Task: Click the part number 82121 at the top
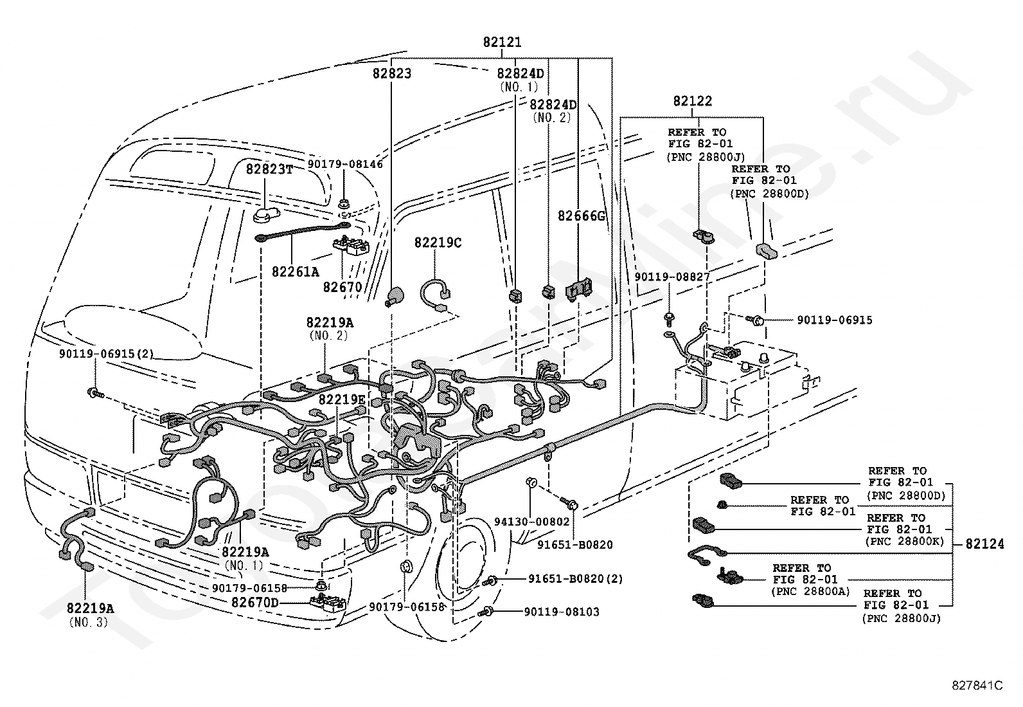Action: pyautogui.click(x=502, y=43)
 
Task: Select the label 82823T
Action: pyautogui.click(x=269, y=169)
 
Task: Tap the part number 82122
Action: pyautogui.click(x=692, y=101)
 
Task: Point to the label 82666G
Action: pyautogui.click(x=582, y=216)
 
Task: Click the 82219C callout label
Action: pyautogui.click(x=438, y=243)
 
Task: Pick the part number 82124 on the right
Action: pyautogui.click(x=984, y=544)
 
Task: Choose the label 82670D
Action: pyautogui.click(x=255, y=603)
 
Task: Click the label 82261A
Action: pyautogui.click(x=295, y=271)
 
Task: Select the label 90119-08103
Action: pyautogui.click(x=562, y=612)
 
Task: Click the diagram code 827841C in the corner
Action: pyautogui.click(x=977, y=685)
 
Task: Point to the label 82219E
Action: pyautogui.click(x=342, y=399)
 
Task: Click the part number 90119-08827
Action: pyautogui.click(x=672, y=277)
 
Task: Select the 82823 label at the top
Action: pyautogui.click(x=391, y=73)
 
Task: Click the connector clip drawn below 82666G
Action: pyautogui.click(x=579, y=289)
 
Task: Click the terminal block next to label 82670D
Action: pyautogui.click(x=328, y=603)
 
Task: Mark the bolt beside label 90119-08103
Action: pyautogui.click(x=488, y=611)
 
